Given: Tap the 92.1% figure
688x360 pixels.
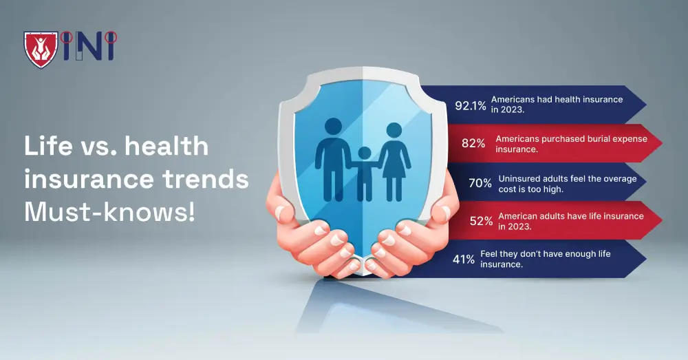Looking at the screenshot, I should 471,105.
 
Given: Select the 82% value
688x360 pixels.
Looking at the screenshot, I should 473,143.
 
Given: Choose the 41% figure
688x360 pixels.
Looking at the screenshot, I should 464,259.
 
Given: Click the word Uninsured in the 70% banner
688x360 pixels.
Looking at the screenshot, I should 522,178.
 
